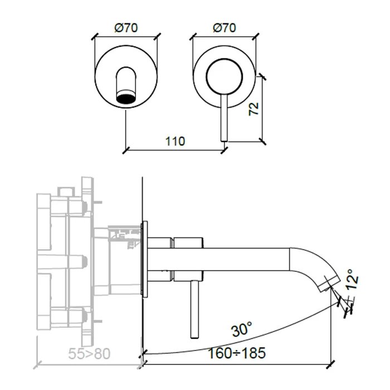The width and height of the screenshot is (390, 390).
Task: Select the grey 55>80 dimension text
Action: [x=89, y=353]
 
